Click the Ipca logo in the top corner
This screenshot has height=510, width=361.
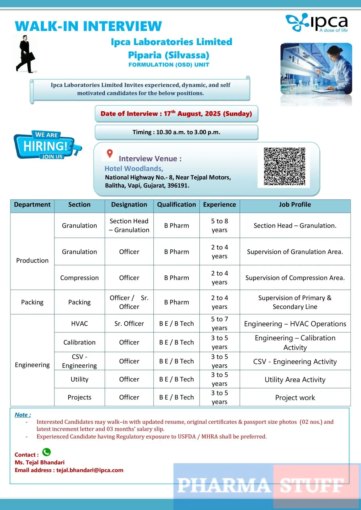pos(317,22)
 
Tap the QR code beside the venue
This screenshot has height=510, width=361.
pos(284,166)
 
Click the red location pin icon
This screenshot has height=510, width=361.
pos(110,154)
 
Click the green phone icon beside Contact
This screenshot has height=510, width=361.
pos(47,452)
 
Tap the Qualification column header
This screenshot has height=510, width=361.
pos(177,205)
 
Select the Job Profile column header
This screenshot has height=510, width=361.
pos(295,205)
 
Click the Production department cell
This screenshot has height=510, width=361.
pos(32,260)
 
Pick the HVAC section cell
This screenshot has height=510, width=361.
pos(80,324)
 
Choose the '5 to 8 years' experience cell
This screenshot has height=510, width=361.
pos(219,226)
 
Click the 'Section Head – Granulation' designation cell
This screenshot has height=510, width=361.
pos(129,226)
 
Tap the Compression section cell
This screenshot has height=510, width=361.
pos(80,278)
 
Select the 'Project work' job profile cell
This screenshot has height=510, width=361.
pos(295,398)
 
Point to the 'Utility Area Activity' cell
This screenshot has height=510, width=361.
pos(295,379)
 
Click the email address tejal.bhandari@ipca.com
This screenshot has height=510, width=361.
pos(90,470)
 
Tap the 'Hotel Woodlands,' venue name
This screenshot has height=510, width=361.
pos(134,169)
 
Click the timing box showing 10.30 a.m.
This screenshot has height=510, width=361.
pos(177,132)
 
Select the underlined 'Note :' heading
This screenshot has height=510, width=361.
pos(23,415)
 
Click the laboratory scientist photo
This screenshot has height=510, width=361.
pos(316,69)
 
